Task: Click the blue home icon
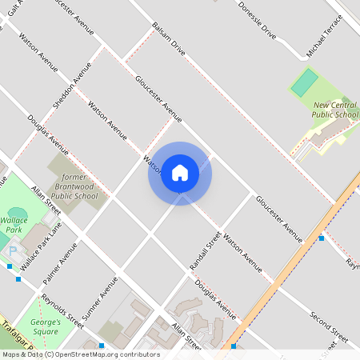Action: [180, 173]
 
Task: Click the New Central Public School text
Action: [335, 110]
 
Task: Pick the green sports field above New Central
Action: [304, 82]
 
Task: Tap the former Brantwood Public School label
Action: [74, 186]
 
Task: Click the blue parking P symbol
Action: [12, 251]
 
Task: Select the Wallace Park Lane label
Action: [41, 246]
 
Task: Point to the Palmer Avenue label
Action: [62, 268]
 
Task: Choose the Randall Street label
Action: [212, 250]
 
